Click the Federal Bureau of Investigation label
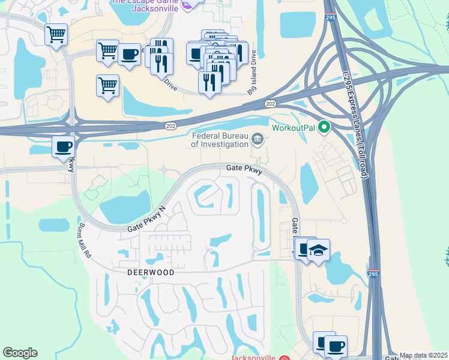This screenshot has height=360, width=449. pyautogui.click(x=220, y=140)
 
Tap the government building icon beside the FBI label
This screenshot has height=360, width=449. pyautogui.click(x=258, y=140)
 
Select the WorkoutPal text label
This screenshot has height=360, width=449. pyautogui.click(x=293, y=128)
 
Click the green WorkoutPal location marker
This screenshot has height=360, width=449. pyautogui.click(x=325, y=127)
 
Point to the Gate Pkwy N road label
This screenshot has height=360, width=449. pyautogui.click(x=145, y=220)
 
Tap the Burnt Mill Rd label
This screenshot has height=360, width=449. pyautogui.click(x=83, y=241)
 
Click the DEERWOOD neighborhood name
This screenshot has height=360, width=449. pyautogui.click(x=151, y=272)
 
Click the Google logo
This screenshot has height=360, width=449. pyautogui.click(x=20, y=353)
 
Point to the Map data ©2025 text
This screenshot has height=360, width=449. pyautogui.click(x=423, y=355)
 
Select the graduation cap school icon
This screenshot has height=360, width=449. pyautogui.click(x=318, y=250)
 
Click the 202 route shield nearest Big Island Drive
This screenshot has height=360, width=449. pyautogui.click(x=270, y=104)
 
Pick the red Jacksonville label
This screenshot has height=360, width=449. pyautogui.click(x=253, y=357)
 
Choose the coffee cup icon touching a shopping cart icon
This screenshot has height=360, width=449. pyautogui.click(x=129, y=55)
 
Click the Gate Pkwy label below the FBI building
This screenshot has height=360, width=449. pyautogui.click(x=244, y=170)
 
